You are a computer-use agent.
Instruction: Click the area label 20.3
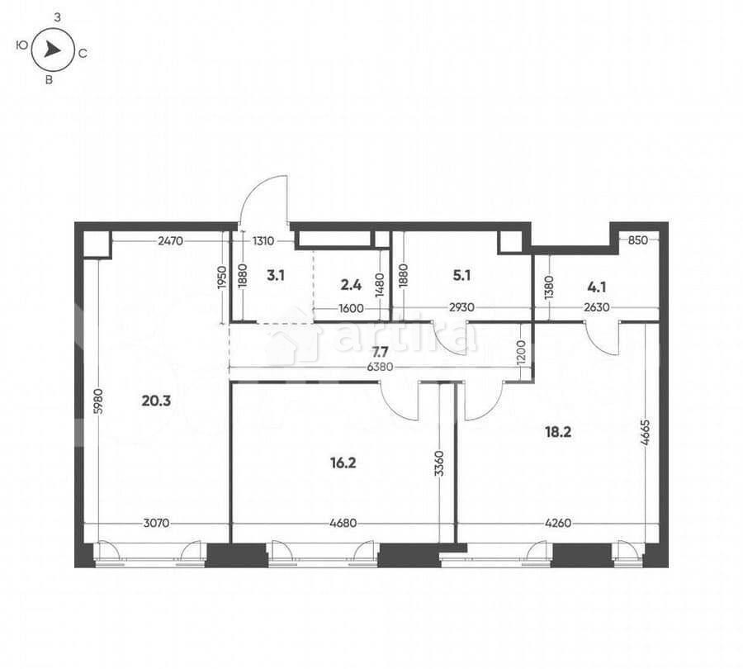[155, 401]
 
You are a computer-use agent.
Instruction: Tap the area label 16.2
[342, 463]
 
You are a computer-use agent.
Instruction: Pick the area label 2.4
[350, 285]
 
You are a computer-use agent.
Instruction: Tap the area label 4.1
[596, 287]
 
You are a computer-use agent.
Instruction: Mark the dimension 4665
[645, 432]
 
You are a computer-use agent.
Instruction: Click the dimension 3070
[158, 523]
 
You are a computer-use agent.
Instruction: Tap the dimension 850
[637, 240]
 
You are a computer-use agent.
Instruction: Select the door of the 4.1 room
[602, 339]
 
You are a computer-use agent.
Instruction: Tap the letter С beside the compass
[83, 53]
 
